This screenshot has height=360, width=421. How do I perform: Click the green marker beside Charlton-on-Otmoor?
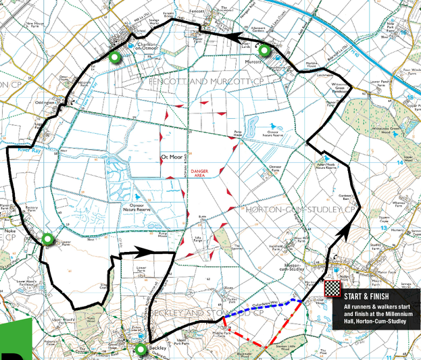coord(115,57)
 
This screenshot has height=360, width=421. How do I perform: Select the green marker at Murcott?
coord(264,50)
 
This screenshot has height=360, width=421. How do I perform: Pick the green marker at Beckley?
coord(140,349)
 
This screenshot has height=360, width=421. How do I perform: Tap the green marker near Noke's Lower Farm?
coord(47,238)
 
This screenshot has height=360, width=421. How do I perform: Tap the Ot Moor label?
coord(172,157)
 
